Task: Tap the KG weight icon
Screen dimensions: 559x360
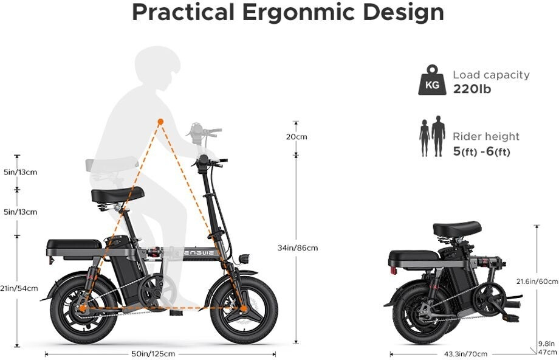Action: (x=432, y=81)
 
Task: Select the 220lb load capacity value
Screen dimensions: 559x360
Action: (x=472, y=89)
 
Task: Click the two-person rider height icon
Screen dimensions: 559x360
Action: (x=432, y=137)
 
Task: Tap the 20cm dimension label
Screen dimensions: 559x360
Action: (x=297, y=137)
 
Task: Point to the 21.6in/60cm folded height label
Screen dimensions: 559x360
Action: (x=537, y=281)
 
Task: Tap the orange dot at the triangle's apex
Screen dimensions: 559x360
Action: (x=160, y=122)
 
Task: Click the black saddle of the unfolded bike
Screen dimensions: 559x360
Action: (x=118, y=195)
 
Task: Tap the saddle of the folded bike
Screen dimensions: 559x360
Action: (x=457, y=229)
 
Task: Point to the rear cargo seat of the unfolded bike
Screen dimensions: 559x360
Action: (x=74, y=244)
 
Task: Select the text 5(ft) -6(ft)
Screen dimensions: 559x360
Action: (x=481, y=151)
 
